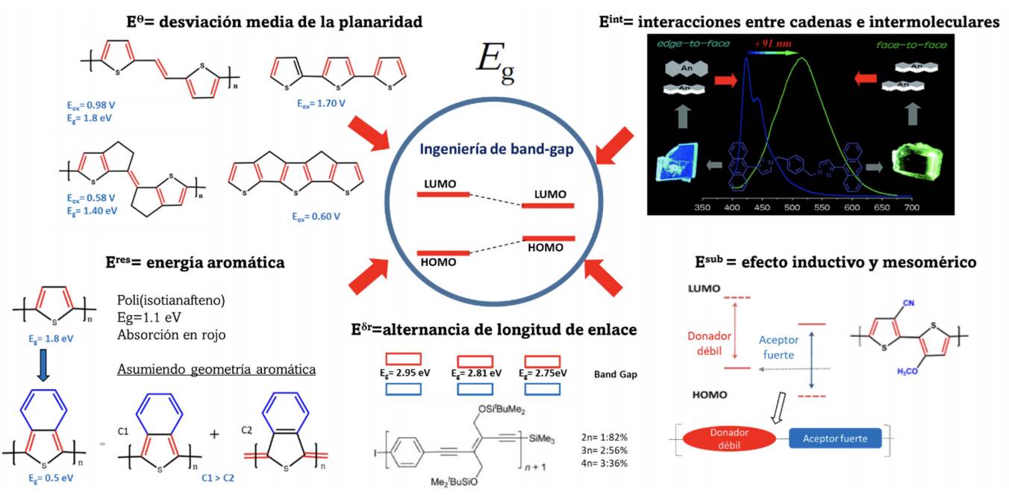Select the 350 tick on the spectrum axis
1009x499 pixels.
click(x=702, y=207)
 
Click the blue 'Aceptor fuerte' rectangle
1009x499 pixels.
click(x=835, y=438)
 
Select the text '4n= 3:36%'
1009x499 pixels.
click(x=604, y=463)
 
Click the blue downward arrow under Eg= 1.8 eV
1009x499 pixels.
click(x=43, y=370)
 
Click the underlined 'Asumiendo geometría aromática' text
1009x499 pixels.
click(x=216, y=370)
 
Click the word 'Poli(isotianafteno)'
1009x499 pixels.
click(x=171, y=301)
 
